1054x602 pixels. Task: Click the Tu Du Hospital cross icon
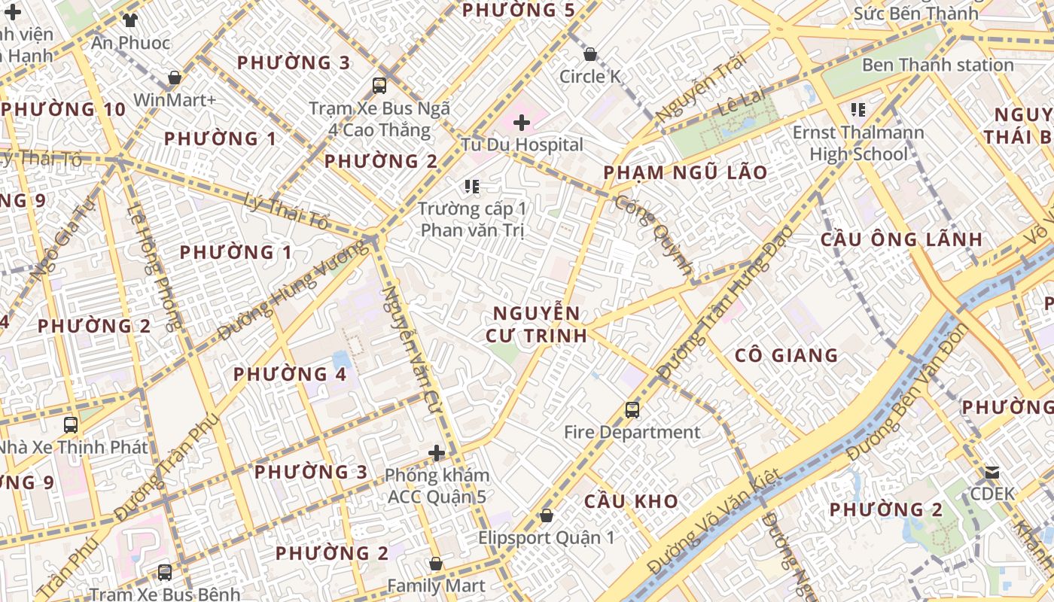(522, 122)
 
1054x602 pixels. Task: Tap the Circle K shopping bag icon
(590, 54)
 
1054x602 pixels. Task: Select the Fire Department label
(632, 432)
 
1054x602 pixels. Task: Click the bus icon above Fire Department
(632, 410)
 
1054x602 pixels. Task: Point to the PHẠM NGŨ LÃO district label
(685, 172)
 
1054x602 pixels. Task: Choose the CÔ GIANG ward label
(786, 355)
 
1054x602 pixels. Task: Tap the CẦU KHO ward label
(631, 501)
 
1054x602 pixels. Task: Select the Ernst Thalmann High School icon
(858, 110)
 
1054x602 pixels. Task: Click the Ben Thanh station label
(937, 65)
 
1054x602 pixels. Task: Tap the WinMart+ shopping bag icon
(175, 78)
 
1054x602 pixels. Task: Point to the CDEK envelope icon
(992, 473)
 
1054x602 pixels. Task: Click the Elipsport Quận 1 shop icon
(547, 515)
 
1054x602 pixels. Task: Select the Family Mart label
(436, 585)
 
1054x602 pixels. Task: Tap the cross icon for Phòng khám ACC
(437, 453)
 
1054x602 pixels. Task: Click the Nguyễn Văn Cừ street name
(411, 346)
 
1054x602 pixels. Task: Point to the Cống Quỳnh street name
(653, 233)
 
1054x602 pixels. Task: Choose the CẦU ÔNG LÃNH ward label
(900, 240)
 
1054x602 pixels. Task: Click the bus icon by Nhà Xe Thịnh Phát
(71, 424)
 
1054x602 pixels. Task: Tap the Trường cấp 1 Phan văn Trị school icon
(472, 186)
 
